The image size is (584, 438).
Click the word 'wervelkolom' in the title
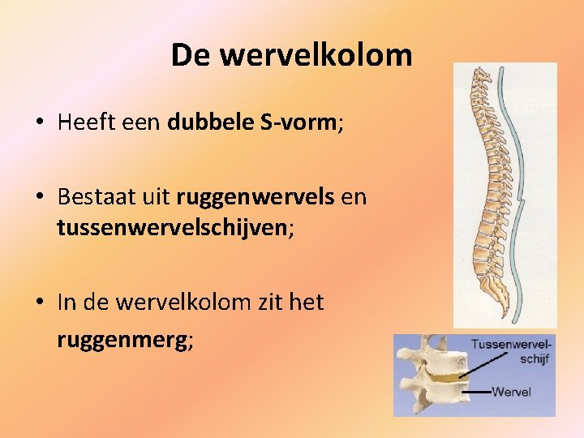point(316,55)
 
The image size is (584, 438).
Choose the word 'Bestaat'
point(98,197)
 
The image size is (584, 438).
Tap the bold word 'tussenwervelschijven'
point(171,229)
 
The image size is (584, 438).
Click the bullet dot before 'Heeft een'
point(39,123)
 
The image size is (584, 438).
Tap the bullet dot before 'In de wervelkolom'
point(39,303)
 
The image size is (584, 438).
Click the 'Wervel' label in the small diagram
point(512,393)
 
